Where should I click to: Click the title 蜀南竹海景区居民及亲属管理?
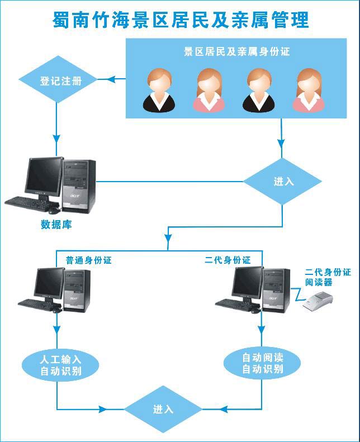(180, 20)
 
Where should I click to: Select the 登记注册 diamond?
(61, 80)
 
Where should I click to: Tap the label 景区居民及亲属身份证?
(237, 52)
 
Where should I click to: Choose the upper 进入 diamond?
(282, 182)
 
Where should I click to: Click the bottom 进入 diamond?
(163, 410)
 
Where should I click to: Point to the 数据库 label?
(56, 225)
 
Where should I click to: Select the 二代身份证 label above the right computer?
(228, 260)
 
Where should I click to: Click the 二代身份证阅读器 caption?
(327, 277)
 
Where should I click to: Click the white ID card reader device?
(318, 302)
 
